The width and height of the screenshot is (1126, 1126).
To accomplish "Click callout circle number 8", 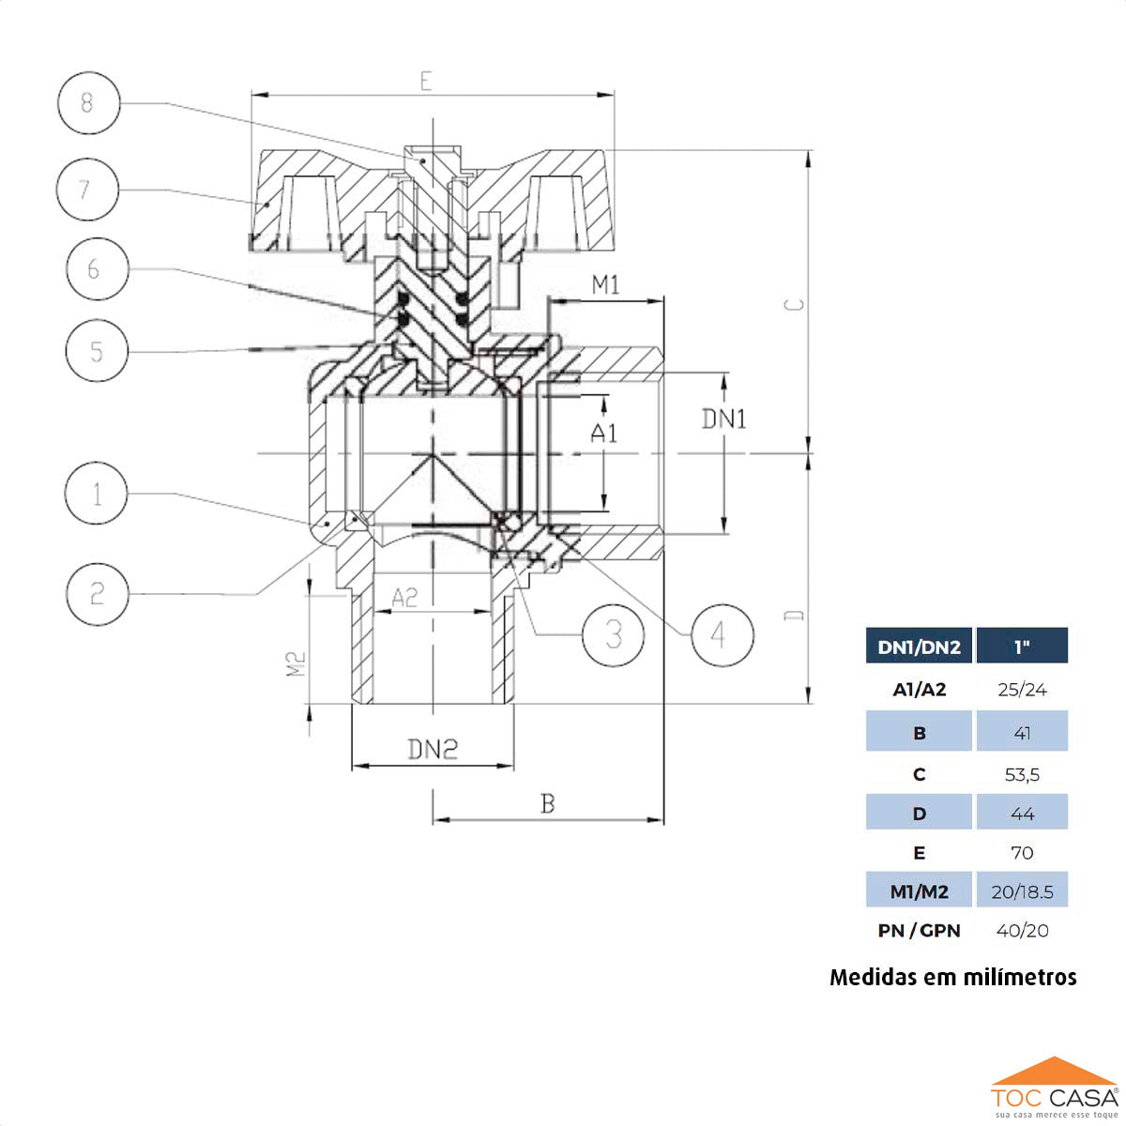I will pyautogui.click(x=88, y=101).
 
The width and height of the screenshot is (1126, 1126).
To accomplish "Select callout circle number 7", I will pyautogui.click(x=86, y=190).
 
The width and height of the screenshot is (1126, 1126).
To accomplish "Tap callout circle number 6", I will pyautogui.click(x=96, y=269).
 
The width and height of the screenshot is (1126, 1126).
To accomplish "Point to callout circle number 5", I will pyautogui.click(x=97, y=351).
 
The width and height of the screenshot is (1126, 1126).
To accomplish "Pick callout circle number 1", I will pyautogui.click(x=98, y=494).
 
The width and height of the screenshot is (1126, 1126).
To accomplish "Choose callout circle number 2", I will pyautogui.click(x=98, y=593).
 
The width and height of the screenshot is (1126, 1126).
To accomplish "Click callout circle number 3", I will pyautogui.click(x=614, y=635).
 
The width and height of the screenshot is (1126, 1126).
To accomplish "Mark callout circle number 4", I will pyautogui.click(x=721, y=635).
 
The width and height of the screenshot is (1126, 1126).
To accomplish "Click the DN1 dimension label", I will pyautogui.click(x=724, y=418).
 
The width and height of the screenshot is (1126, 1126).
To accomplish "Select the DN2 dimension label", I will pyautogui.click(x=433, y=749).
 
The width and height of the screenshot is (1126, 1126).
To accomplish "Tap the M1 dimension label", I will pyautogui.click(x=605, y=285).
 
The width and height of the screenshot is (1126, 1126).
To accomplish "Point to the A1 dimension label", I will pyautogui.click(x=604, y=433).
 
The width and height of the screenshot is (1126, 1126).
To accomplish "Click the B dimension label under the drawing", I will pyautogui.click(x=548, y=804).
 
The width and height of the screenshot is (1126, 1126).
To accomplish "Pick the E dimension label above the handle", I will pyautogui.click(x=427, y=81).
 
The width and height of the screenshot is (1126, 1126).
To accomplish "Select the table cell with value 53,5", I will pyautogui.click(x=1022, y=775).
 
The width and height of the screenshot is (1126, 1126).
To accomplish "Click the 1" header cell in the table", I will pyautogui.click(x=1022, y=647).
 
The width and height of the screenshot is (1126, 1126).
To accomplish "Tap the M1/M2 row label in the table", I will pyautogui.click(x=919, y=891).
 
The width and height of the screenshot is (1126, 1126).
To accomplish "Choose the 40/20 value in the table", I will pyautogui.click(x=1022, y=931).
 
